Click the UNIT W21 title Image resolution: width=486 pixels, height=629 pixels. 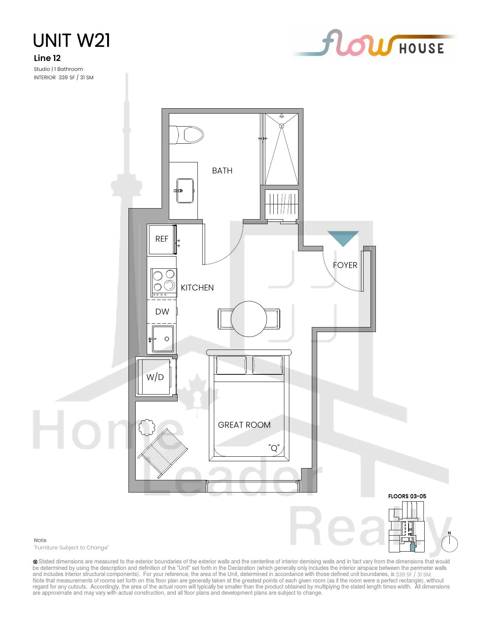coord(71,40)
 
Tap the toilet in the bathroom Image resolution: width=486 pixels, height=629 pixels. coord(186,135)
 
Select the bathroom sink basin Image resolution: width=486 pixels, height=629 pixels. coord(185,191)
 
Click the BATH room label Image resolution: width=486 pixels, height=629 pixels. coord(222,170)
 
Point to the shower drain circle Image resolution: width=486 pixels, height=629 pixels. coord(281,126)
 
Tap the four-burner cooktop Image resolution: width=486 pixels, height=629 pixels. coord(164,283)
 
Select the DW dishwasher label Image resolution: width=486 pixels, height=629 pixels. coord(162,311)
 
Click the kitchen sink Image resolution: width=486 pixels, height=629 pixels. coord(163,339)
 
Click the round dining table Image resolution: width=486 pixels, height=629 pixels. coord(249,319)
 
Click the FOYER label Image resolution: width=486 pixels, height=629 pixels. coord(345,265)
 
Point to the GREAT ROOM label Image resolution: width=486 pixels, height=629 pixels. coord(244,425)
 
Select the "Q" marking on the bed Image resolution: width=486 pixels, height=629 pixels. coord(274,448)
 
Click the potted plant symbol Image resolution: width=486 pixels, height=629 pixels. coord(147,427)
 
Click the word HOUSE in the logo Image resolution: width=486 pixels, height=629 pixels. coord(421,48)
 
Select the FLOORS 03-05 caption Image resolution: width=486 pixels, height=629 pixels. coord(407,496)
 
